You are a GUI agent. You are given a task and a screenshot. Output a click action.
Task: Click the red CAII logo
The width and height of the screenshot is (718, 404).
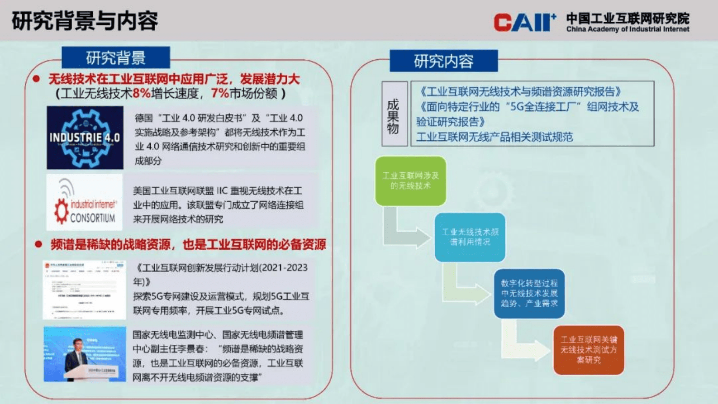pyautogui.click(x=524, y=22)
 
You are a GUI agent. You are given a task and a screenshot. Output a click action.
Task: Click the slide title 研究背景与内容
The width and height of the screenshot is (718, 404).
pyautogui.click(x=85, y=21)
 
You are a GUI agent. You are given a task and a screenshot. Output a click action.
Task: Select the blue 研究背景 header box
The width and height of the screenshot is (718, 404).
pyautogui.click(x=116, y=58)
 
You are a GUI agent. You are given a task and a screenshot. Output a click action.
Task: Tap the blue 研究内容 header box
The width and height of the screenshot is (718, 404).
pyautogui.click(x=443, y=61)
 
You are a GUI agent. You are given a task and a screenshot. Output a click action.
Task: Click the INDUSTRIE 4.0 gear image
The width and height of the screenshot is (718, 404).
pyautogui.click(x=85, y=138)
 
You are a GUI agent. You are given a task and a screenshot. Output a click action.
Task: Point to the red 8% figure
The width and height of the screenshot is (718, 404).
pyautogui.click(x=141, y=94)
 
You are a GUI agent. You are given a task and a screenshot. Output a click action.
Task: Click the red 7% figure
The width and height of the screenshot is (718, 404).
pyautogui.click(x=220, y=94)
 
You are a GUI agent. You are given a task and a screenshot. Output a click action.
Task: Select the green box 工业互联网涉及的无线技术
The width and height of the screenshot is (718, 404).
pyautogui.click(x=410, y=181)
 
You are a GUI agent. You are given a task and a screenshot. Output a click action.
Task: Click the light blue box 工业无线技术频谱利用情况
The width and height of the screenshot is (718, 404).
pyautogui.click(x=470, y=237)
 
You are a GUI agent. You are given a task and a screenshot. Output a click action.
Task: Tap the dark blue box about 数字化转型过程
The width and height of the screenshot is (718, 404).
pyautogui.click(x=529, y=294)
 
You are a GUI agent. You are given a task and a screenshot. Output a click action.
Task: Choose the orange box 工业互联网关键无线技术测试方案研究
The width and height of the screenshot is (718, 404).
pyautogui.click(x=588, y=350)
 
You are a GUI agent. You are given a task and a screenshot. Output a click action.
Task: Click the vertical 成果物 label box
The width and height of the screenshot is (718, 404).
pyautogui.click(x=394, y=114)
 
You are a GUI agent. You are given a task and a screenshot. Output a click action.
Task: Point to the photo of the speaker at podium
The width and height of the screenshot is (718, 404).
pyautogui.click(x=85, y=354)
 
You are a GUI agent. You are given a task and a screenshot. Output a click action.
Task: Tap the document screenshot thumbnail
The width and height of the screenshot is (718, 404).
pyautogui.click(x=85, y=290)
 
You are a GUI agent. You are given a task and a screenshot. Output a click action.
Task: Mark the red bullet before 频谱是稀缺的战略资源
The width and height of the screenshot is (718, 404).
pyautogui.click(x=38, y=244)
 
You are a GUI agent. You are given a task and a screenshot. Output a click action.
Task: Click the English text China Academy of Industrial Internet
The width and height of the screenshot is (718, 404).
pyautogui.click(x=628, y=29)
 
